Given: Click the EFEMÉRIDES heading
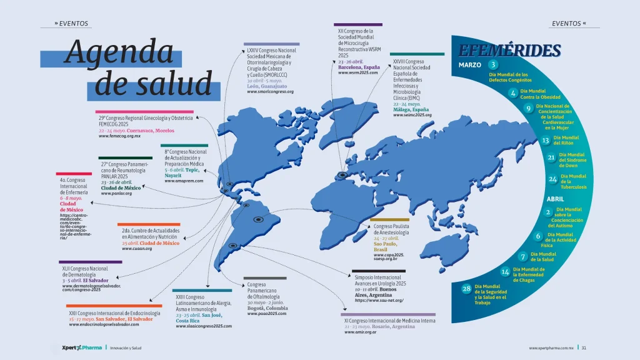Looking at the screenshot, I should point(509,51).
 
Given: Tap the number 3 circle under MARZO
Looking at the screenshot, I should point(493,65).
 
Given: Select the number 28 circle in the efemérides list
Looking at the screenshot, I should point(466,288).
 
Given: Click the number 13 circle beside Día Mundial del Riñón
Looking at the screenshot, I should point(545,141).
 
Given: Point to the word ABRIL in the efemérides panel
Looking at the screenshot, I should point(555,199).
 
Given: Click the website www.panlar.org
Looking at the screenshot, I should point(117,193).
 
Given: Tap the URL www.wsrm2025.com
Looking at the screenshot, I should point(358,72).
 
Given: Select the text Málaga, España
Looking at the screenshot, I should point(411,109).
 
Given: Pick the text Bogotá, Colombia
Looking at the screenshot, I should point(267,308).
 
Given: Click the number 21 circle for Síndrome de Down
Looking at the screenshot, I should point(551,157).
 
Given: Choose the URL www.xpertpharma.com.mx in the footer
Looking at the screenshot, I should point(551,347).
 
